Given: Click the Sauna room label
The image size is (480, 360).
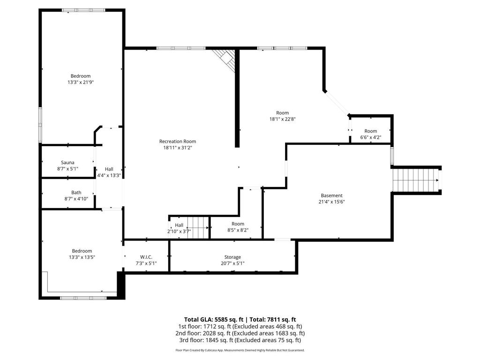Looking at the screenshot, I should [67, 163].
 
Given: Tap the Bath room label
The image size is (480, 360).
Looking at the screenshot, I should [76, 192].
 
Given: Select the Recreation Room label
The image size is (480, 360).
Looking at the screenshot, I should [177, 141].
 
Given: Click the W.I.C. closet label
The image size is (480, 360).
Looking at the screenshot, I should [146, 257].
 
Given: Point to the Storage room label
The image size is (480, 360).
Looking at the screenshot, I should [232, 257].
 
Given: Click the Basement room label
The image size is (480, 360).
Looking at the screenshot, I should [331, 195].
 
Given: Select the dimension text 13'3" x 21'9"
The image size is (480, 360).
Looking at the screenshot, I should [81, 82].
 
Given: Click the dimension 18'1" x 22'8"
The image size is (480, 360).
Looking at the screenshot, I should [282, 119].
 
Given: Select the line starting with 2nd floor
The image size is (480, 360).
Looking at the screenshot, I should [240, 333].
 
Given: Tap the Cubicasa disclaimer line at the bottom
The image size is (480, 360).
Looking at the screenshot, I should [240, 350].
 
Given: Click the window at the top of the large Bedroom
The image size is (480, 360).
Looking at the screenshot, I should [83, 10].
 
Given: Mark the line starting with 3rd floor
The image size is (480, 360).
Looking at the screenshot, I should [240, 340].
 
